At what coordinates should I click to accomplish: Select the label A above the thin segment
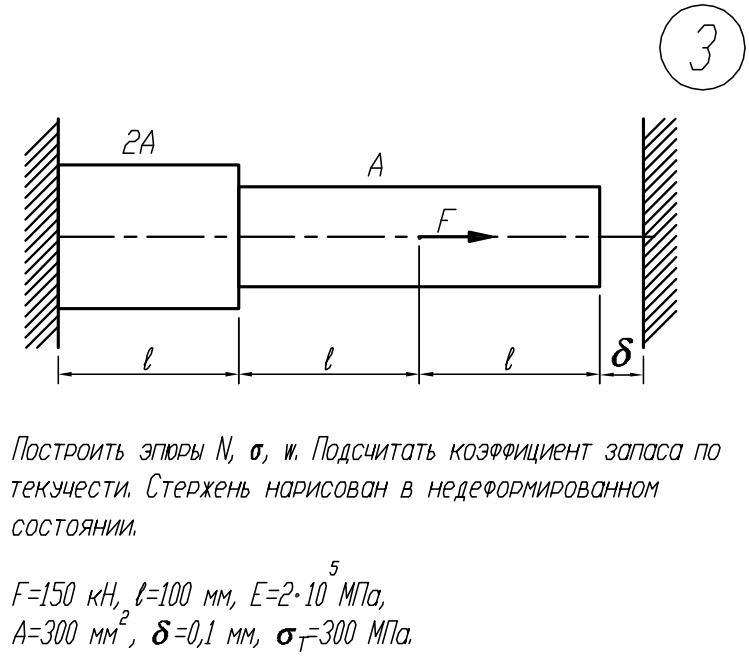(377, 169)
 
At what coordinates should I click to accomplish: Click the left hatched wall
(42, 237)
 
